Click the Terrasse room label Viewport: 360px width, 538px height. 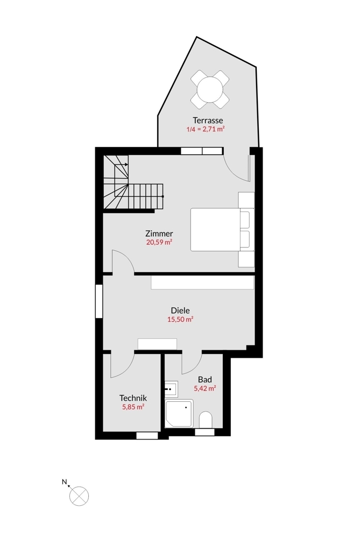point(208,121)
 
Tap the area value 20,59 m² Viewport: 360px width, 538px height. point(159,242)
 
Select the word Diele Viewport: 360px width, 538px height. point(180,310)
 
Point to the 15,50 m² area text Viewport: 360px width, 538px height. point(180,320)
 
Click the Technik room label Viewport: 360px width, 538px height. point(133,398)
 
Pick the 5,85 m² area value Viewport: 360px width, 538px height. point(133,407)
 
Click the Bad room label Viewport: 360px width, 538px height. point(205,379)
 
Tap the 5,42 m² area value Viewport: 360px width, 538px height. point(205,388)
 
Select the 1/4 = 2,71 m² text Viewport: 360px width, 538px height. point(206,129)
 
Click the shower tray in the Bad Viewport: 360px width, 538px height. point(179,413)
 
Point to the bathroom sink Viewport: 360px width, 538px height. point(171,389)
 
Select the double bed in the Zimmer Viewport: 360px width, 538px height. point(222,229)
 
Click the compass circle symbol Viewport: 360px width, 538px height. point(79,496)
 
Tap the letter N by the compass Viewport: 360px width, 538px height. point(64,482)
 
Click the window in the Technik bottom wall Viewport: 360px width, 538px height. point(147,436)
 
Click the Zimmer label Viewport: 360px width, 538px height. point(159,233)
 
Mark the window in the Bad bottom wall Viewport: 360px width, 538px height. point(204,433)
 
